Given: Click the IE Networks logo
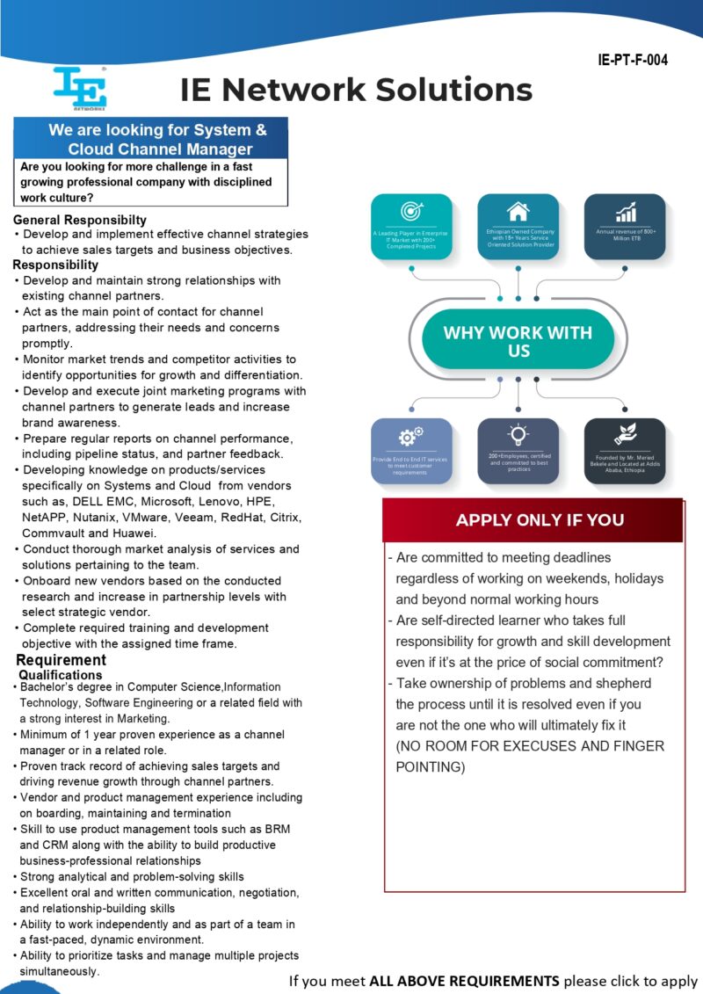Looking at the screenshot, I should (79, 89).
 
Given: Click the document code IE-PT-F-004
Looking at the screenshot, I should (633, 61).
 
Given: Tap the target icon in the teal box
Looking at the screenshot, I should (411, 211).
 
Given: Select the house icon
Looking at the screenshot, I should (518, 212).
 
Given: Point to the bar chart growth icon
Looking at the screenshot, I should (626, 212).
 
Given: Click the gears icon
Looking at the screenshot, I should (410, 436).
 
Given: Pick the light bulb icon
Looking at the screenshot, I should (518, 434).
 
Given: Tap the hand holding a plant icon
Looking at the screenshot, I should (625, 434).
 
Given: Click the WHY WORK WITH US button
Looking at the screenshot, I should (518, 341).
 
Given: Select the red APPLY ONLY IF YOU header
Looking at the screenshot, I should (533, 519).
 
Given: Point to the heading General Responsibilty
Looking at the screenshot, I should (80, 220).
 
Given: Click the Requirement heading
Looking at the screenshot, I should (62, 660).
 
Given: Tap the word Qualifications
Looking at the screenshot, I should (61, 675).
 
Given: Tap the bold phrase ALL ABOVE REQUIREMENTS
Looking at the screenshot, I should (464, 981).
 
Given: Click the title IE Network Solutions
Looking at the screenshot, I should (356, 89).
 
